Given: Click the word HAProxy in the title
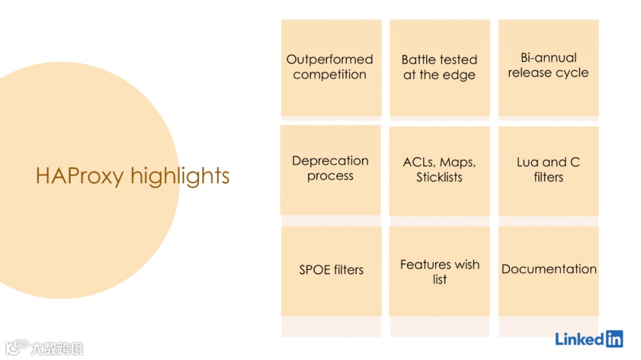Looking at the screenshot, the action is (80, 176).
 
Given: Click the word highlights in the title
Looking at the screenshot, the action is (180, 176).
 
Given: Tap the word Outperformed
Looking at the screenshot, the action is (329, 59).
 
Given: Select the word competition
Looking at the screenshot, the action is (329, 75).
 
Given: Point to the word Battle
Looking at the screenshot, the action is (418, 59).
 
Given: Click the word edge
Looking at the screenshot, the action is (459, 75).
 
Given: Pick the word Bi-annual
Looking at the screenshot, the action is (548, 58).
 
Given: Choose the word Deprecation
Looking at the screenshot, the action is (330, 161).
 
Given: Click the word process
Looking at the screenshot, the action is (330, 176).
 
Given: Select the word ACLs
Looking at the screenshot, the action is (418, 163).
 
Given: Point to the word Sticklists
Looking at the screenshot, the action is (439, 177).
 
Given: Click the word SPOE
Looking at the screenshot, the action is (315, 270).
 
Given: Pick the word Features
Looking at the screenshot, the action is (422, 265).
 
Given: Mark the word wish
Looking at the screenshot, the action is (467, 265).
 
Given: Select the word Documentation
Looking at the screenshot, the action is (549, 269).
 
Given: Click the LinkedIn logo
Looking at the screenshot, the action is (589, 339).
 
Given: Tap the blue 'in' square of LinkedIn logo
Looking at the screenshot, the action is (614, 339).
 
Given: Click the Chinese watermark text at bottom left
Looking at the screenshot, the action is (58, 348).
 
